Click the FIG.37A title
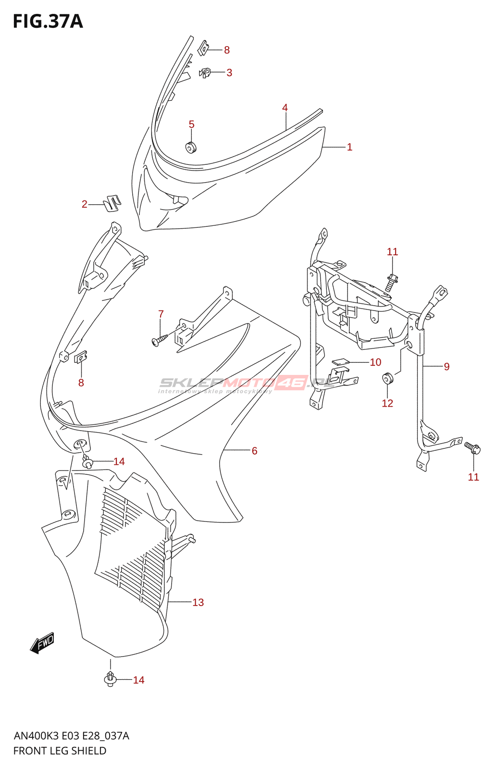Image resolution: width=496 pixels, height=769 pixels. (48, 21)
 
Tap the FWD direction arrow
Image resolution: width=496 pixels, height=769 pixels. (42, 643)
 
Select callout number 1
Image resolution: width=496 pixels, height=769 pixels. (349, 147)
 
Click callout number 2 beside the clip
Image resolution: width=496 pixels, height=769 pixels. (85, 204)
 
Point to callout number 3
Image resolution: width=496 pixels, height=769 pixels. (229, 73)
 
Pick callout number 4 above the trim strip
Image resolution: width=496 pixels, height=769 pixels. (285, 108)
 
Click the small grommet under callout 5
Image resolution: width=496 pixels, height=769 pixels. (191, 147)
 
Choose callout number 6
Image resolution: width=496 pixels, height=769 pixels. (254, 451)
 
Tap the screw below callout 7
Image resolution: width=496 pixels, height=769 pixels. (158, 341)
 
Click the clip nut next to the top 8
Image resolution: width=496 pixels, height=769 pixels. (203, 47)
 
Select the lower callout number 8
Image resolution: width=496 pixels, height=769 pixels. (81, 383)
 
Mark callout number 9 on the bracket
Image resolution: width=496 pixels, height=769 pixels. (446, 367)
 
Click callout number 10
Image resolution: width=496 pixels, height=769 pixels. (375, 362)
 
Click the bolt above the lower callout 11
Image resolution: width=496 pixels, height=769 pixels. (473, 448)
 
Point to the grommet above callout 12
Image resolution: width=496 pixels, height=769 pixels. (387, 378)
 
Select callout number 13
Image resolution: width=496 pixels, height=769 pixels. (198, 602)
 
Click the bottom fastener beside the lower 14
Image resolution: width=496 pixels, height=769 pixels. (111, 679)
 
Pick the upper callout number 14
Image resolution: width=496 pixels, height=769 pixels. (119, 462)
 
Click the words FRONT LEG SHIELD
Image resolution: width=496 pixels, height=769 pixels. (60, 751)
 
